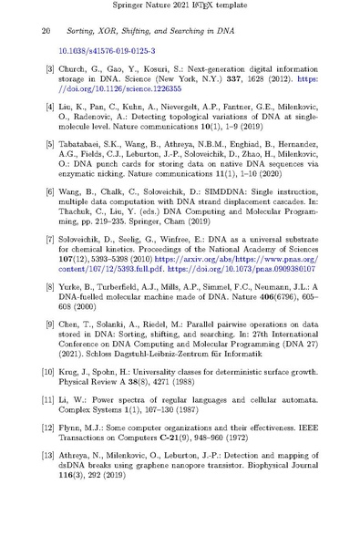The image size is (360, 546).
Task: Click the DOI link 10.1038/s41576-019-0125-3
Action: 106,52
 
